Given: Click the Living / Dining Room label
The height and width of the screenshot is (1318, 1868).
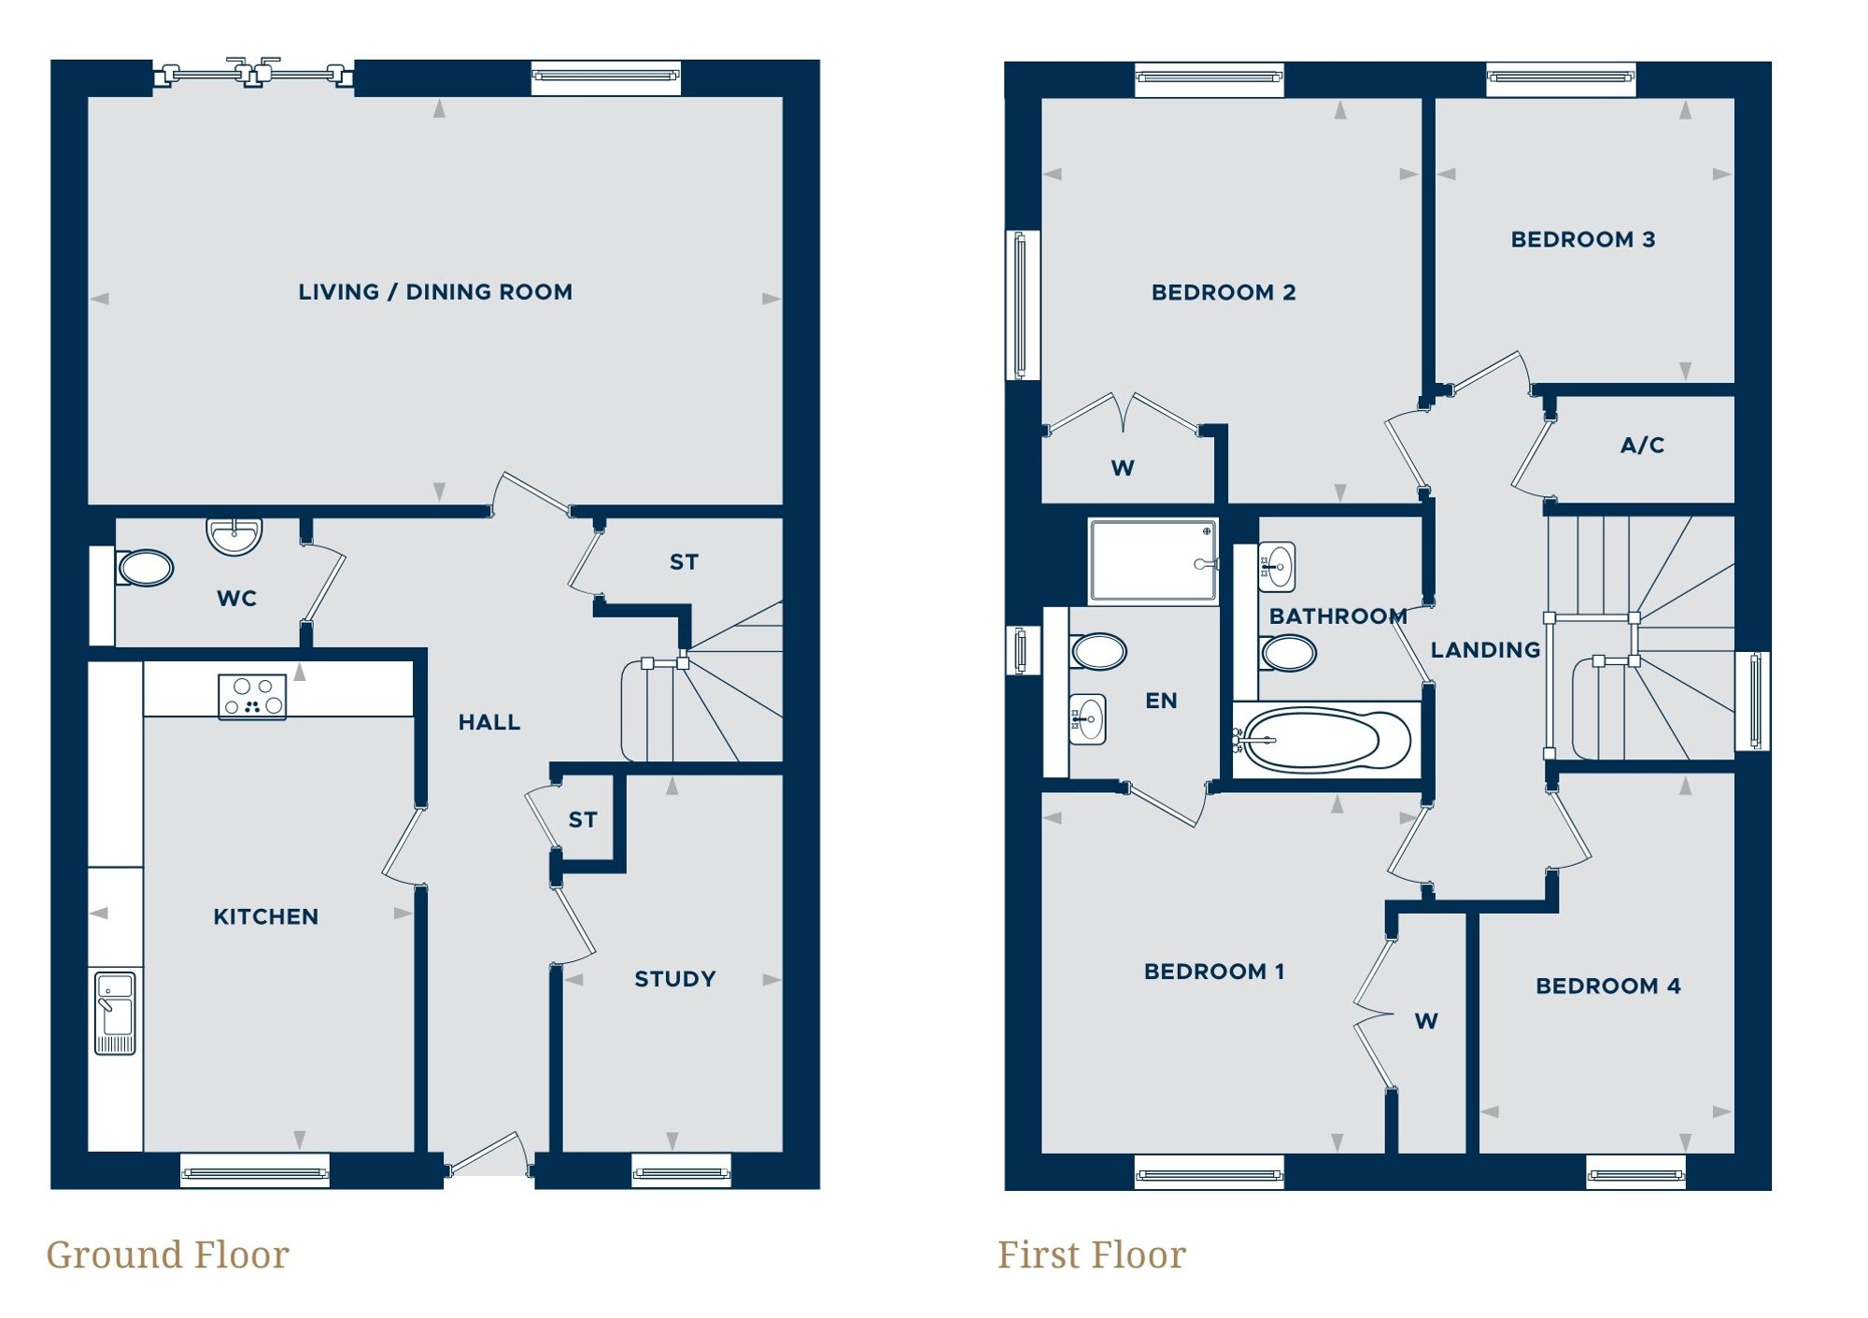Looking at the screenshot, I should tap(435, 292).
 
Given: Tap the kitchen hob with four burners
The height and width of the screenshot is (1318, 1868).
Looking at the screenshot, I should tap(252, 697).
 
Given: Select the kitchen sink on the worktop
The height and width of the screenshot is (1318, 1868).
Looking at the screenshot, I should tap(115, 1013).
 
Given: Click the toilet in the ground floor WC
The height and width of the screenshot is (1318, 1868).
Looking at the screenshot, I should tap(146, 568).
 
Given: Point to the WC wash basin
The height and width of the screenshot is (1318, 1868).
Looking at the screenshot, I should tap(233, 536).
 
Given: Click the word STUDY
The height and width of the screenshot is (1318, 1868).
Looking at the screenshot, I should tap(674, 979).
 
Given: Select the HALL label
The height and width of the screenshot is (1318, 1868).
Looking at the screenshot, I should tap(488, 722).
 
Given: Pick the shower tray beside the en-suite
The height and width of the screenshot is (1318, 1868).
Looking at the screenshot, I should tap(1153, 561).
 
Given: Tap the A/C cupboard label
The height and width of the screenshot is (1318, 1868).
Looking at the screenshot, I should tap(1642, 446).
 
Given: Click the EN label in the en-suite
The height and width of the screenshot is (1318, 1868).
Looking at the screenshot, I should tap(1161, 701).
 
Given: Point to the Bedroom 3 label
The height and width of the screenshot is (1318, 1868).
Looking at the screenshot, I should tap(1582, 239).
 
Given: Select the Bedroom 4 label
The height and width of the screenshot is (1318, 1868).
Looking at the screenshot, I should tap(1607, 985).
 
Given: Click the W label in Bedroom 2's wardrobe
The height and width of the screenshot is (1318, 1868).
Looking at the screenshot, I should tap(1123, 468).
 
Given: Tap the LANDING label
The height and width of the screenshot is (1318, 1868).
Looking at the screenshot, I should tap(1485, 650).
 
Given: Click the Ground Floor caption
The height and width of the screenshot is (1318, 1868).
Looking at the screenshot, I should tap(168, 1254).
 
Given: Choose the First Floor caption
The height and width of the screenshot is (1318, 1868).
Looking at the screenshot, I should tap(1091, 1254).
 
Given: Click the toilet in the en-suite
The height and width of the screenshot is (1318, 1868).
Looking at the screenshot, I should tap(1097, 651).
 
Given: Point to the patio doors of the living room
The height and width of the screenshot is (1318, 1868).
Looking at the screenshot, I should tap(253, 73).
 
